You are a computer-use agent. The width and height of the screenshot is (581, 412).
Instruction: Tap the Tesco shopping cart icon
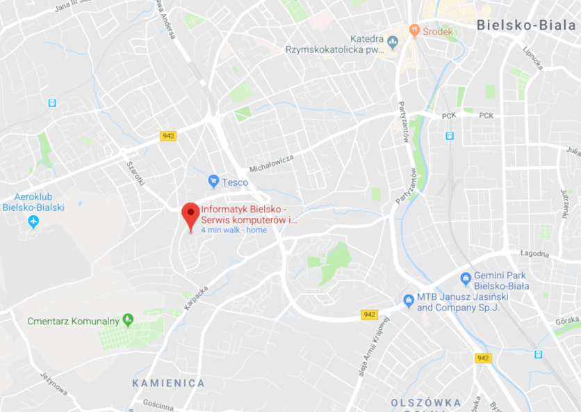(x=214, y=182)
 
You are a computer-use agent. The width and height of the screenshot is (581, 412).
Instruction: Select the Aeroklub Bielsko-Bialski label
(x=33, y=202)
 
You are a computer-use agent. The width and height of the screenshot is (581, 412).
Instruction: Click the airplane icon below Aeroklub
(x=33, y=221)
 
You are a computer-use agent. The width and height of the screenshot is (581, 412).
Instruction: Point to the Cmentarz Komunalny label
(x=73, y=321)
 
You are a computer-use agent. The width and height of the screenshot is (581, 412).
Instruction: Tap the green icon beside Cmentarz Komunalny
(x=127, y=320)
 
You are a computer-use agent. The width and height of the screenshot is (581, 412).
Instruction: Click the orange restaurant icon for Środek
(x=415, y=30)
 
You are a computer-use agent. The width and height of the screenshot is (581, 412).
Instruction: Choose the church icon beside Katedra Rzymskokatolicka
(x=393, y=44)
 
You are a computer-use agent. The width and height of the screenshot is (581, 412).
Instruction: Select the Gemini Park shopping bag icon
(x=466, y=280)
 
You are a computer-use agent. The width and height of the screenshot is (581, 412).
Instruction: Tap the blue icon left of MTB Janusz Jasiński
(x=409, y=301)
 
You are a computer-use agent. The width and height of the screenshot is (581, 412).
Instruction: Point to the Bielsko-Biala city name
(x=527, y=25)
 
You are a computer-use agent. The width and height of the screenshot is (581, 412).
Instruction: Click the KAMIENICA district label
(x=169, y=383)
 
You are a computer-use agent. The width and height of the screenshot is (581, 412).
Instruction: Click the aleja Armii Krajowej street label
(x=372, y=348)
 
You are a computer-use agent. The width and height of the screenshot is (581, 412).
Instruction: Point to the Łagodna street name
(x=534, y=254)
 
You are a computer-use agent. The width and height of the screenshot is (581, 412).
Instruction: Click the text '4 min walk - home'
(x=234, y=230)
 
